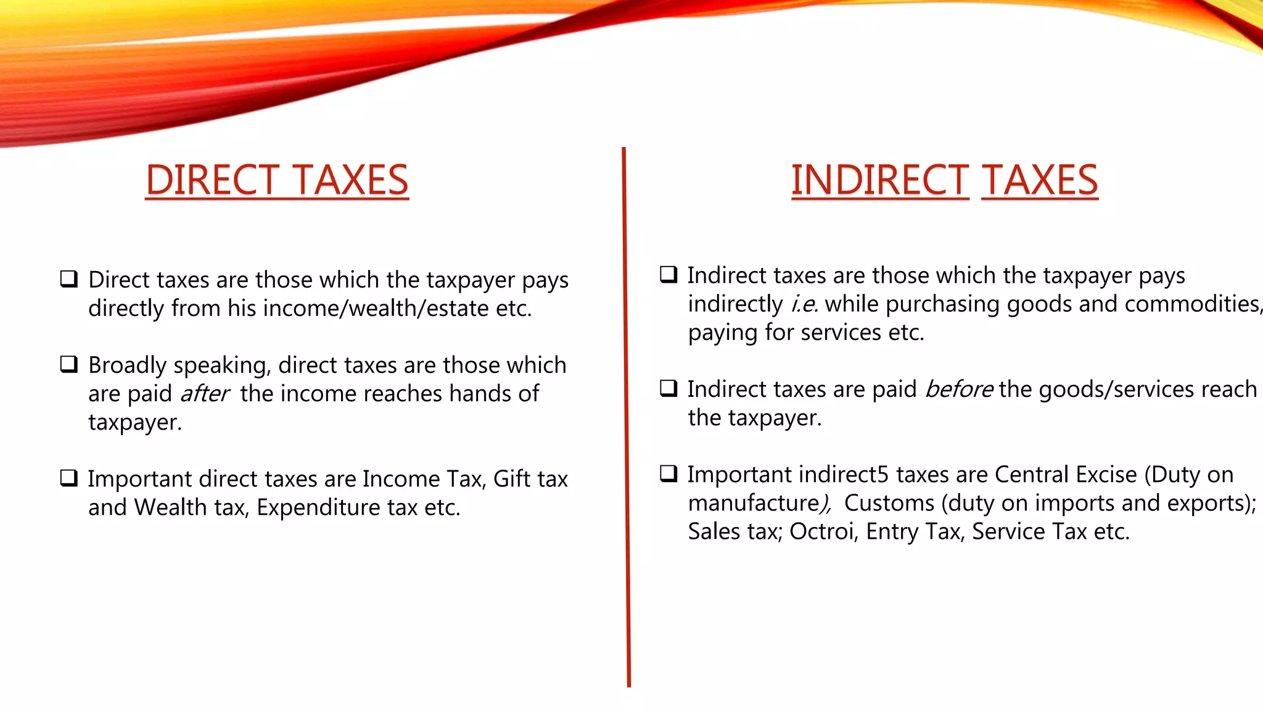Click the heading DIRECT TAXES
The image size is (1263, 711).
(277, 180)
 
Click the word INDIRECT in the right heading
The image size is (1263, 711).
(879, 180)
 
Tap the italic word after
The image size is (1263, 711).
(204, 394)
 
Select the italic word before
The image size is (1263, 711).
(959, 389)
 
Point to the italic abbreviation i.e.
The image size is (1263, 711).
(804, 304)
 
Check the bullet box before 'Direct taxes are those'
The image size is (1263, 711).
(69, 279)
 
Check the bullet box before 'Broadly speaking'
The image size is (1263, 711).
(69, 364)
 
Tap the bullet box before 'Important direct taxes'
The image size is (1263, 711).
(69, 478)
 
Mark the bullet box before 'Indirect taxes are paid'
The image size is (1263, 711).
(669, 388)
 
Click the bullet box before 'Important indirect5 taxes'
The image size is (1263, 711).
(669, 473)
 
